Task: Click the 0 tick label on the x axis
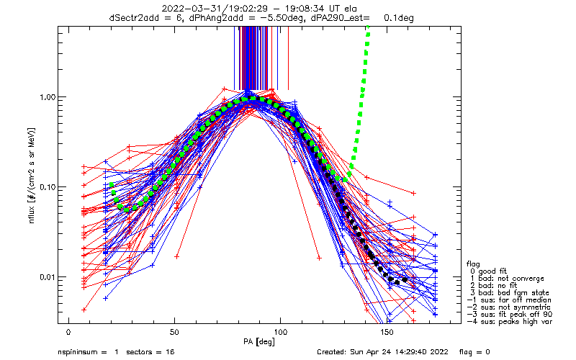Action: pos(68,333)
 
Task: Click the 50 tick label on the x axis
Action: pos(174,333)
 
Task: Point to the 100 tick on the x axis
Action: pos(281,333)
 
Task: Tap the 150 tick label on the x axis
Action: pos(387,333)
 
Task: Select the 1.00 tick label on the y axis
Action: pos(45,97)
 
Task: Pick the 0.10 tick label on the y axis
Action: pos(45,187)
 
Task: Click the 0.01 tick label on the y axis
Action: pos(45,277)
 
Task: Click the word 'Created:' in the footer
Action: pos(334,353)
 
